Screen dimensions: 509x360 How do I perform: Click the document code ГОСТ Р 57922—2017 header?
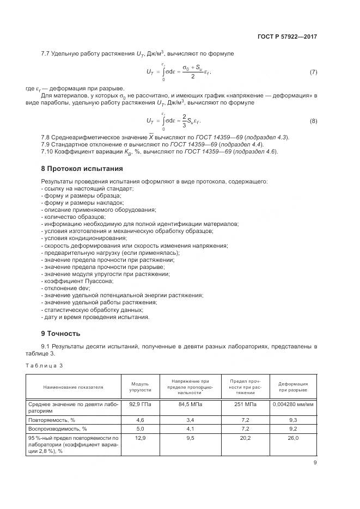pos(287,37)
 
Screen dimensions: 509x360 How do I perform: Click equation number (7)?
pos(313,72)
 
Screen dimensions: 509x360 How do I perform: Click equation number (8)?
pos(313,121)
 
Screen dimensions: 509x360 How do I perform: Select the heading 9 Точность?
pos(60,333)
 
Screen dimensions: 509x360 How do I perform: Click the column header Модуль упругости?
pos(141,387)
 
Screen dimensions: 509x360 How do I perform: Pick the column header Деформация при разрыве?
pos(293,387)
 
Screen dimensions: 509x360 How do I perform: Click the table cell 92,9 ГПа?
pos(141,404)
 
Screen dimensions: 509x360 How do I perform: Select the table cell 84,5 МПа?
pos(190,404)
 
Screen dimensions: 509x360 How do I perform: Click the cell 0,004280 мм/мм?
pos(293,404)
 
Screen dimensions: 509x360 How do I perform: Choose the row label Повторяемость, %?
pos(54,420)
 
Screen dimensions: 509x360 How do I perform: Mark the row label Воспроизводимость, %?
pos(57,430)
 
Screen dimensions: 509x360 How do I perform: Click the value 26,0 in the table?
pos(293,438)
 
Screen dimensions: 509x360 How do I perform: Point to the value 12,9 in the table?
pos(141,438)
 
